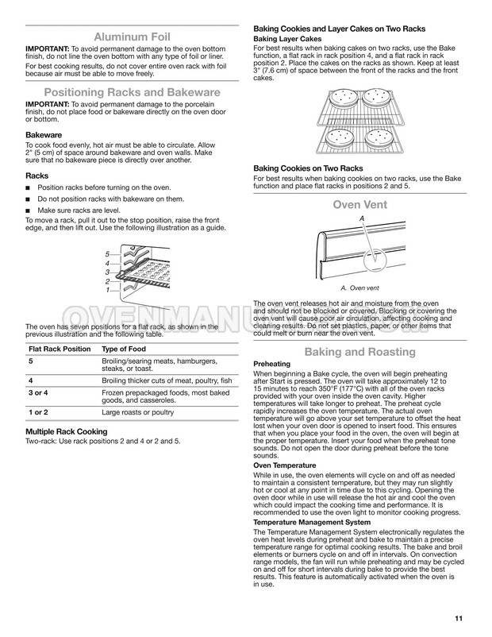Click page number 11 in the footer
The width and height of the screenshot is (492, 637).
(x=460, y=619)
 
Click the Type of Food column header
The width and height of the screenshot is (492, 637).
(x=127, y=349)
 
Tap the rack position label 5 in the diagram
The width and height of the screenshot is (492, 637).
(x=106, y=253)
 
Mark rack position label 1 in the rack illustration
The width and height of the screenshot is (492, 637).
(x=106, y=291)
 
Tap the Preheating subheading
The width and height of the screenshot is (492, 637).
(x=273, y=364)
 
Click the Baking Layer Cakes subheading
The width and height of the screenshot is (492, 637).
(x=286, y=38)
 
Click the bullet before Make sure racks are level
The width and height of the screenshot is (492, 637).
(x=29, y=210)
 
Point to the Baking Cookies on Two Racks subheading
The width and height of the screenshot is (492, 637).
(x=308, y=168)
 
